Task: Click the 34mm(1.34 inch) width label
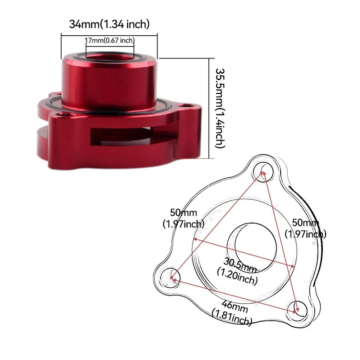[109, 24]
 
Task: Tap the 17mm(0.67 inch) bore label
[109, 40]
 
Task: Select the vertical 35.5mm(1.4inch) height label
[220, 108]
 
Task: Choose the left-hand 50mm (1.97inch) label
[183, 218]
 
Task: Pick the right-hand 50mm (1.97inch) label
[305, 228]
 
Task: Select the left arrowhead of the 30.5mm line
[195, 238]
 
